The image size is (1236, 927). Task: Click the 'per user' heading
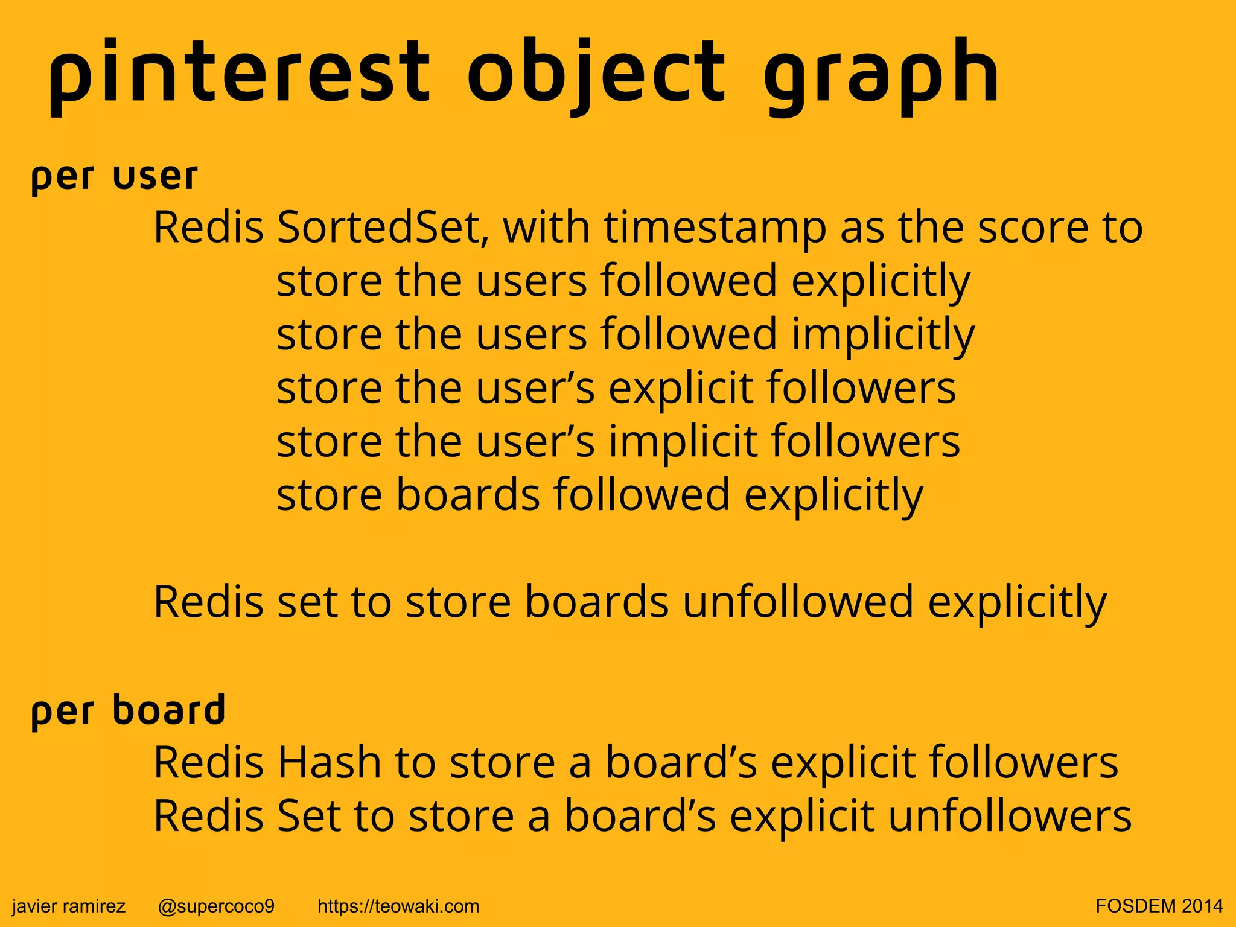click(x=114, y=176)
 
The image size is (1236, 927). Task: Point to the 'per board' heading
click(x=128, y=710)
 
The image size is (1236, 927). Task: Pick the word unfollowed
click(x=798, y=602)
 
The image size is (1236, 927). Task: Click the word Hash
click(x=329, y=763)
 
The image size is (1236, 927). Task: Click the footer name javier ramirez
click(x=69, y=906)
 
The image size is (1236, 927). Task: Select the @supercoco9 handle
click(x=216, y=906)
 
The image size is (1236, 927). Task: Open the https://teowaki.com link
click(x=398, y=906)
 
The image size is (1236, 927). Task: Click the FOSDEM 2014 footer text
click(x=1159, y=906)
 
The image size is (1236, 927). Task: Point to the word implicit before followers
click(x=683, y=442)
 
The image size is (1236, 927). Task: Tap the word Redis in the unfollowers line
click(x=208, y=817)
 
